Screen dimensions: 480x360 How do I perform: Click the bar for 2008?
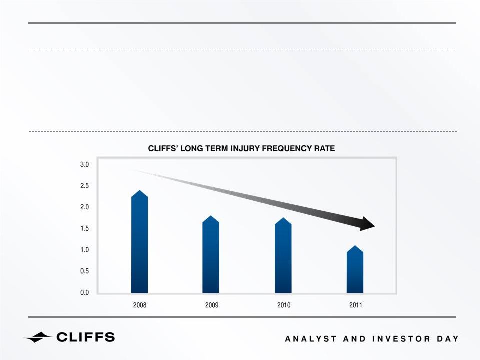tap(139, 242)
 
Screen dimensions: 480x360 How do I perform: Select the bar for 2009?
tap(211, 254)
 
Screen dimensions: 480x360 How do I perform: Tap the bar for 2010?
tap(283, 255)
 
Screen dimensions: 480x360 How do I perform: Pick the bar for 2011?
tap(355, 269)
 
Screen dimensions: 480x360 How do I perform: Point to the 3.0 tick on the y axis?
tap(84, 164)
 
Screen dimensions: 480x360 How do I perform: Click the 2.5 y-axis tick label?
tap(84, 186)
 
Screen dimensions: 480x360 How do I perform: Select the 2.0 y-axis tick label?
tap(84, 207)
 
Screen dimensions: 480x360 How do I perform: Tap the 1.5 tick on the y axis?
tap(84, 228)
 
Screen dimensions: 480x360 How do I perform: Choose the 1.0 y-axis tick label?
tap(84, 250)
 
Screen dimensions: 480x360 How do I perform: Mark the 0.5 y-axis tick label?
tap(84, 271)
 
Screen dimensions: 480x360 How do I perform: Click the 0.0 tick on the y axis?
tap(84, 292)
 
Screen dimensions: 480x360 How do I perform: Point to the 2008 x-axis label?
tap(140, 305)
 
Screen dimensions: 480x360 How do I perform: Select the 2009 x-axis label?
tap(212, 305)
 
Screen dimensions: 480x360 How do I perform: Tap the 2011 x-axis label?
tap(356, 305)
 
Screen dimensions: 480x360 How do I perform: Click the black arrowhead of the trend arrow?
tap(367, 224)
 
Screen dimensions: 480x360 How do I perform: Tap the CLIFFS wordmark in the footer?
tap(86, 337)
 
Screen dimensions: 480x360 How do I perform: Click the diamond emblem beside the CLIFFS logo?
tap(38, 337)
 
